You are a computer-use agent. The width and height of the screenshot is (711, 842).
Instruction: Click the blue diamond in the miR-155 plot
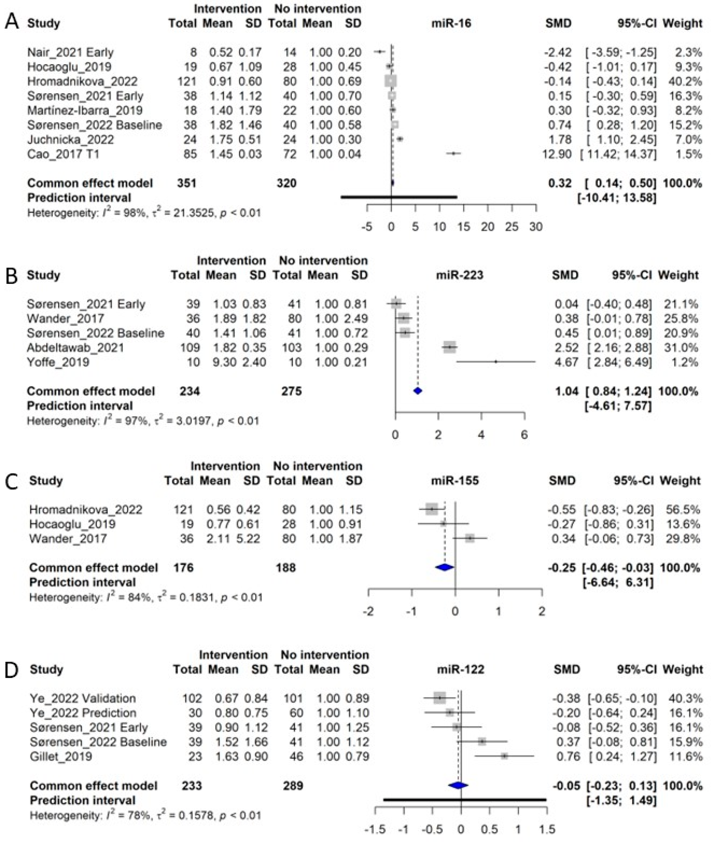tap(445, 568)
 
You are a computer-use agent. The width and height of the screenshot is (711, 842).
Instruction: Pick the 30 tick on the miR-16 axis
tap(536, 227)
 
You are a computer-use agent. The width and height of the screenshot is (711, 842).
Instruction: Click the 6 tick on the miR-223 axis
tap(524, 435)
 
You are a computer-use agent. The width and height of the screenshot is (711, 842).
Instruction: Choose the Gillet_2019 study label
tap(61, 756)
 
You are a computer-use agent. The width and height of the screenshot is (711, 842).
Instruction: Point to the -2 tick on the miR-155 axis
tap(368, 611)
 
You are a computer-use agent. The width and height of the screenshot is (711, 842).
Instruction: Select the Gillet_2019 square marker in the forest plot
tap(504, 756)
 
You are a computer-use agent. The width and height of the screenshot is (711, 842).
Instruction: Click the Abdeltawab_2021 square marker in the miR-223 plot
tap(449, 347)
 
